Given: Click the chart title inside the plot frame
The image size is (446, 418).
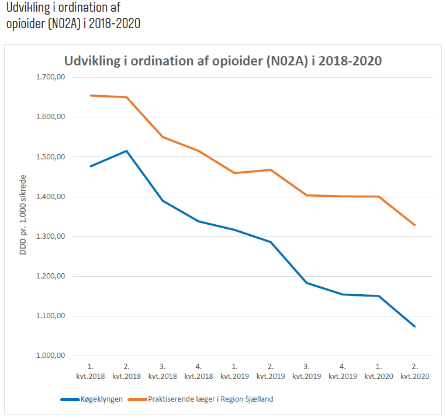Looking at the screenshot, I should tap(222, 61).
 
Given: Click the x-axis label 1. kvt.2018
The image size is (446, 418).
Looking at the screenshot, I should tap(91, 371).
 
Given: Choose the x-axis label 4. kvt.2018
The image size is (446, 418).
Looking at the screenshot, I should tap(199, 371).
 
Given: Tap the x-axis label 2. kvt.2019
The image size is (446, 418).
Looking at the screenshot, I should tap(271, 371).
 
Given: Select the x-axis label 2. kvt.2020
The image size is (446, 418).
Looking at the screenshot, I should tap(414, 371).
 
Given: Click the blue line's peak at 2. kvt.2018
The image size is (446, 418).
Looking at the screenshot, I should tap(126, 151).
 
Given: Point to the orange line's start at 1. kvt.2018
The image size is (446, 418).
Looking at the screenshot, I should tap(91, 95).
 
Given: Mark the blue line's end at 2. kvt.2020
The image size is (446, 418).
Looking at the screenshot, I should tap(414, 326).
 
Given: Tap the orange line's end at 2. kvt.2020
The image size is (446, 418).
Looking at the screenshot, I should tap(414, 225).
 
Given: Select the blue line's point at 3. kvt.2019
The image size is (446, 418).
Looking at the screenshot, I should tap(306, 283).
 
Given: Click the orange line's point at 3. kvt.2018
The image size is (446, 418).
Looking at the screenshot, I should tap(163, 137).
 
